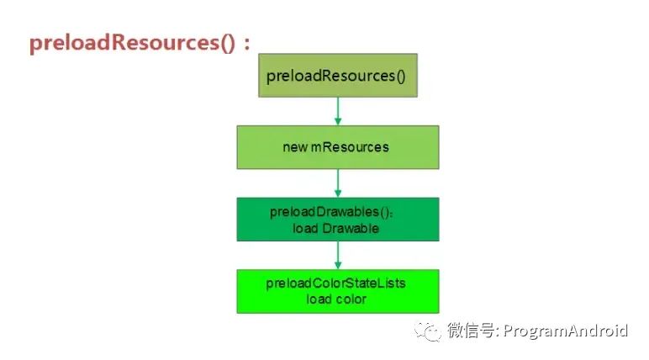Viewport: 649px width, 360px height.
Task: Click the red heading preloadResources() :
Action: click(140, 43)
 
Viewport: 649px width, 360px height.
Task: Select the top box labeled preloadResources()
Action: click(338, 76)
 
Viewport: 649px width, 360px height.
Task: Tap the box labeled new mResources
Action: click(338, 147)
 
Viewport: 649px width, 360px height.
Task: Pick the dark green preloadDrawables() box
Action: click(338, 220)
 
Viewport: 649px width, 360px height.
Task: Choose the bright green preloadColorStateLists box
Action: click(338, 291)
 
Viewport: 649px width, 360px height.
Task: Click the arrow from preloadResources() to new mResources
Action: click(338, 111)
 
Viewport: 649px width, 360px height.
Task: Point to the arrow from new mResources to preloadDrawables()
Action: click(338, 183)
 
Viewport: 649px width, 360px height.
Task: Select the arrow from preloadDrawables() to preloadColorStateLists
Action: click(338, 255)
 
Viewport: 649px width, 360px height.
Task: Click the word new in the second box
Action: click(295, 147)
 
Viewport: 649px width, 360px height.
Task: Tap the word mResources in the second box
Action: click(350, 147)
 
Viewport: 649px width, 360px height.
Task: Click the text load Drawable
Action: click(335, 228)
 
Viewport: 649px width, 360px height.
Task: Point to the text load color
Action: click(336, 299)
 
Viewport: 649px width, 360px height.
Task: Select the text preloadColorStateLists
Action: click(335, 283)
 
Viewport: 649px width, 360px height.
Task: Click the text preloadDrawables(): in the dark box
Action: click(331, 212)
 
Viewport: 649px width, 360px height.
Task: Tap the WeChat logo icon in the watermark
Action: click(429, 331)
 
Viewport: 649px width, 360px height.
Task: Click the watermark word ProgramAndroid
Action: click(566, 331)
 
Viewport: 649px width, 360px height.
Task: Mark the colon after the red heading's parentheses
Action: click(247, 44)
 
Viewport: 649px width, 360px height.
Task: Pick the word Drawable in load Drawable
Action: click(351, 228)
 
